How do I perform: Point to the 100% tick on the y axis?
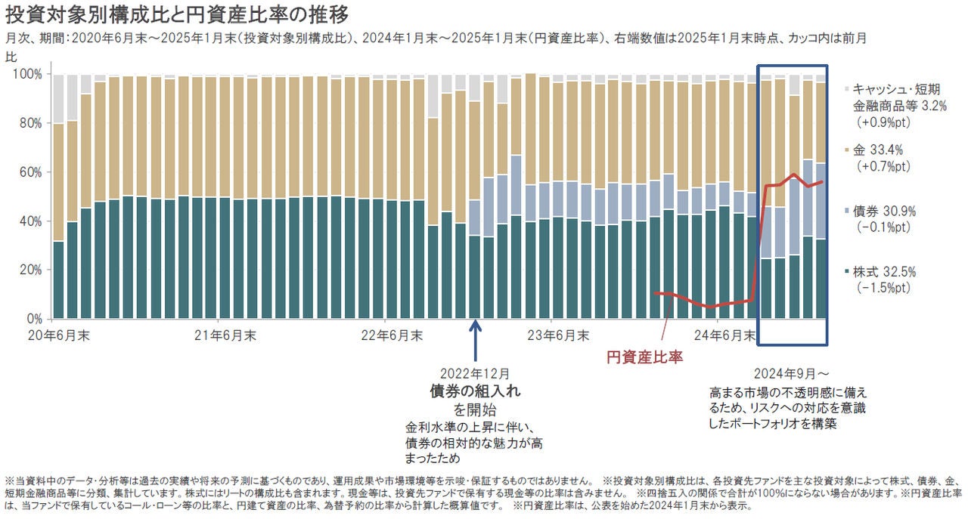pos(28,74)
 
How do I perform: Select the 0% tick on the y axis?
pos(34,319)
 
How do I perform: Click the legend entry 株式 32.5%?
pos(883,270)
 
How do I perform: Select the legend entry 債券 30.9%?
pos(883,212)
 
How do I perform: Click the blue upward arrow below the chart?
pos(475,340)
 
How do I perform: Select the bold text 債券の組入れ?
pos(475,391)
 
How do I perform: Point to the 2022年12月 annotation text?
pos(475,373)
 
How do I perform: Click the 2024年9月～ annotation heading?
pos(791,374)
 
